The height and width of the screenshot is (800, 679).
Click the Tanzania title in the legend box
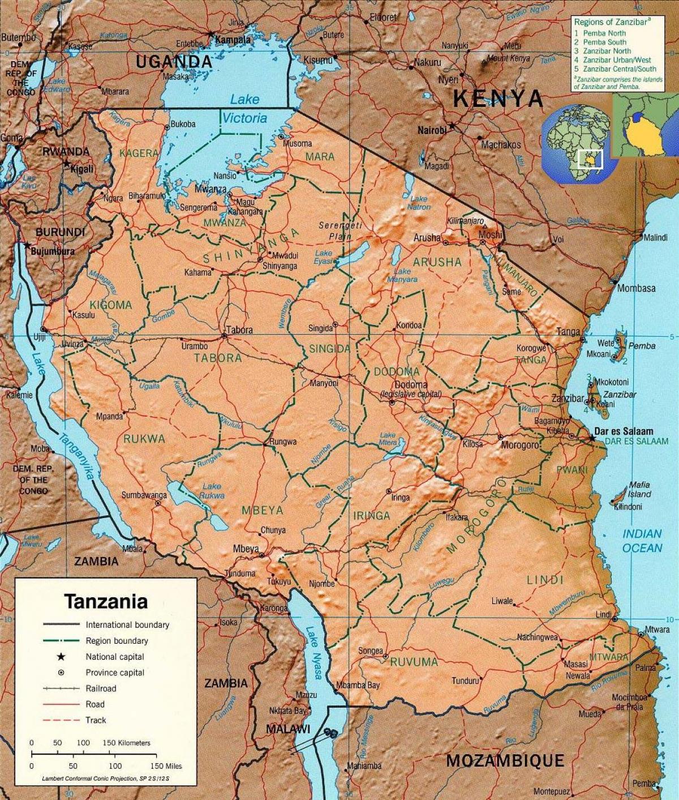click(x=106, y=601)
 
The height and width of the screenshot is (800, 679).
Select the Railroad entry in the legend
click(x=101, y=688)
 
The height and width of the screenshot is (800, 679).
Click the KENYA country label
click(x=498, y=99)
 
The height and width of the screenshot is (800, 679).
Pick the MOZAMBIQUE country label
click(x=505, y=760)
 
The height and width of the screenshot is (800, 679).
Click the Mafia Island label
click(x=639, y=490)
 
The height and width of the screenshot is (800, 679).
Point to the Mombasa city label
click(x=636, y=288)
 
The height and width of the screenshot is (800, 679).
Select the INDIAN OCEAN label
click(x=642, y=541)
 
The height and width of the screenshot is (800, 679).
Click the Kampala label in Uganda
click(x=232, y=40)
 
